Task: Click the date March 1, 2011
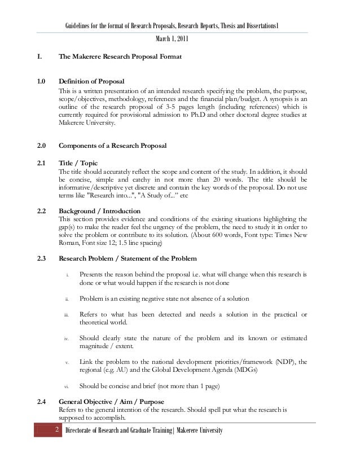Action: (x=172, y=38)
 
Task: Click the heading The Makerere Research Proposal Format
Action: (x=120, y=58)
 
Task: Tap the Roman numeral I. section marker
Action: (x=38, y=58)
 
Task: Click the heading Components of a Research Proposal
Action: (x=113, y=146)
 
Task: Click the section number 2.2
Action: (x=41, y=210)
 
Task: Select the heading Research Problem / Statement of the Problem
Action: (x=128, y=258)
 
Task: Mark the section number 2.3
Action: (x=41, y=258)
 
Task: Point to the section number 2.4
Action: (x=41, y=402)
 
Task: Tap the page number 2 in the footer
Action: (x=56, y=432)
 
